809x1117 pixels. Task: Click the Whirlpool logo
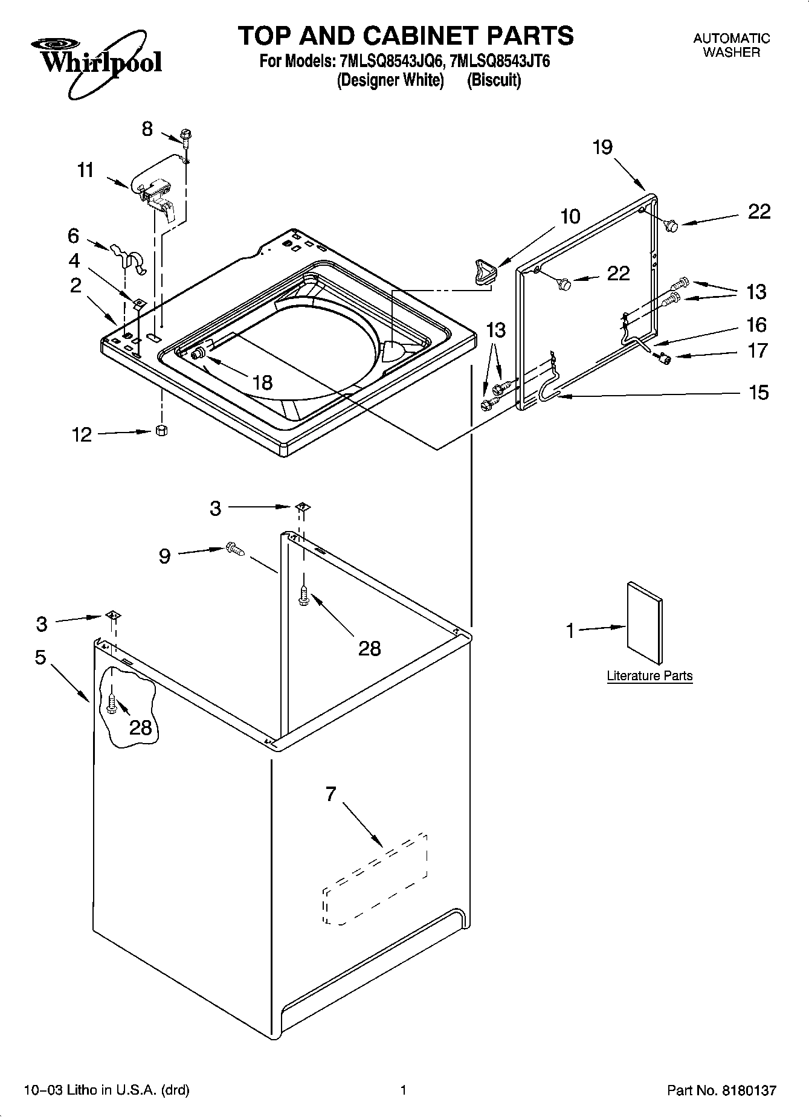coord(97,60)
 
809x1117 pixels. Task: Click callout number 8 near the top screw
coord(147,129)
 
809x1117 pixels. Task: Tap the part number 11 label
coord(86,170)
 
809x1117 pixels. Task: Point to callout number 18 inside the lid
coord(263,382)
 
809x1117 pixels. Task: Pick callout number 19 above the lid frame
coord(603,147)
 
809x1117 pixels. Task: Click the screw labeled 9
coord(234,549)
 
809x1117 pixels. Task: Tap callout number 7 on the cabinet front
coord(330,794)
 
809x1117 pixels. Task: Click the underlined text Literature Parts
coord(649,676)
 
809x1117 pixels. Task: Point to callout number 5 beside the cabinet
coord(40,657)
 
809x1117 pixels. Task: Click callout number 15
coord(758,393)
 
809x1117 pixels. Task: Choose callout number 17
coord(758,350)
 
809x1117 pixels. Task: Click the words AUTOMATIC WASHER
coord(731,45)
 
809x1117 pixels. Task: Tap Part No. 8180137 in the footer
coord(721,1090)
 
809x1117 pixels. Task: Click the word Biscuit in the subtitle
coord(494,80)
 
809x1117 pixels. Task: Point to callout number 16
coord(757,325)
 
